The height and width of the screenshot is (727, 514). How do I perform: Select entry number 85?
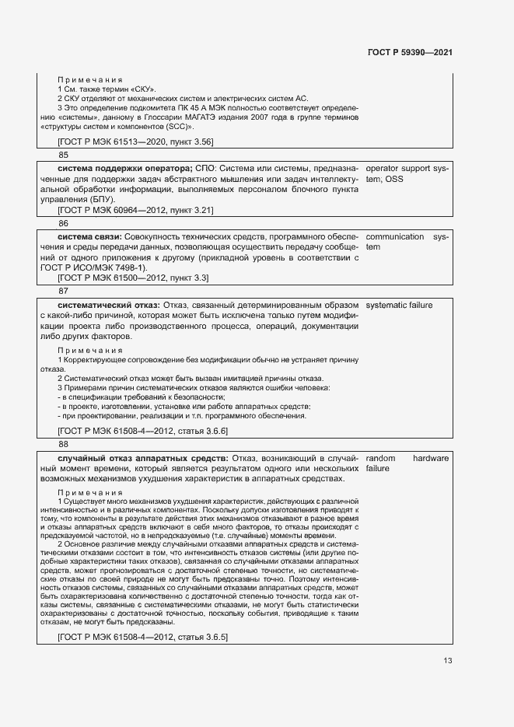click(x=63, y=155)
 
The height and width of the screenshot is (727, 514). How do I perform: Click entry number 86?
click(x=63, y=223)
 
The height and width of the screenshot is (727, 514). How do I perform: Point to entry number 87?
click(x=63, y=291)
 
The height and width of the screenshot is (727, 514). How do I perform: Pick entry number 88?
click(x=63, y=444)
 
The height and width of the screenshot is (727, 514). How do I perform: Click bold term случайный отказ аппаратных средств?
click(x=142, y=458)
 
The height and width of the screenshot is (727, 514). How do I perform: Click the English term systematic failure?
click(x=399, y=305)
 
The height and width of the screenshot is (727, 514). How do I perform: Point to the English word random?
click(x=380, y=458)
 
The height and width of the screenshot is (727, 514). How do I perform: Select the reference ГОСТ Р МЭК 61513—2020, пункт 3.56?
click(x=136, y=141)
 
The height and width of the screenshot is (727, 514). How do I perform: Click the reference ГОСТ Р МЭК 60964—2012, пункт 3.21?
click(x=136, y=210)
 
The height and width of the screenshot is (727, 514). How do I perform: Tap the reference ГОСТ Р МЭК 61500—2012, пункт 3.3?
click(x=133, y=278)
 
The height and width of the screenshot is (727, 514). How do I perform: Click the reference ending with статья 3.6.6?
click(x=142, y=431)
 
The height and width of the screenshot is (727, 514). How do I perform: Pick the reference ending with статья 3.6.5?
click(x=142, y=637)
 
